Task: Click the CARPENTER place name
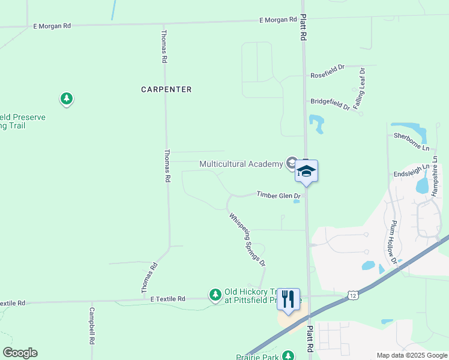[166, 89]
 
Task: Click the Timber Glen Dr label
[279, 194]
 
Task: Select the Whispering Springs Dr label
[247, 239]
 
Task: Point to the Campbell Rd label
[92, 326]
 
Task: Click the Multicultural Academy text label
[241, 164]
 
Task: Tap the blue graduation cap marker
[306, 171]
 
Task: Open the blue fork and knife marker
[289, 298]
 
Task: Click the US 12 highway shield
[352, 296]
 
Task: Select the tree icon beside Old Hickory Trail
[215, 295]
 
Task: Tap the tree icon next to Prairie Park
[289, 356]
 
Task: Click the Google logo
[20, 352]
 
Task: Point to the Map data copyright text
[411, 355]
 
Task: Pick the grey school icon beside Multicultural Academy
[292, 163]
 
